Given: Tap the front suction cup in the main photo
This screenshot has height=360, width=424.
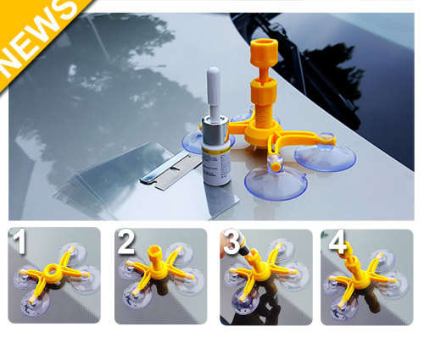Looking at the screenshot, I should tap(275, 181).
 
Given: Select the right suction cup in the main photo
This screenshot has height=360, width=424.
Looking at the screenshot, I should tap(326, 156).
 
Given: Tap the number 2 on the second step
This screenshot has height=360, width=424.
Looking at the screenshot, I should tap(126, 246).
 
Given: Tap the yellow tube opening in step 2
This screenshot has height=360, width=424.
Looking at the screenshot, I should tap(155, 251).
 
